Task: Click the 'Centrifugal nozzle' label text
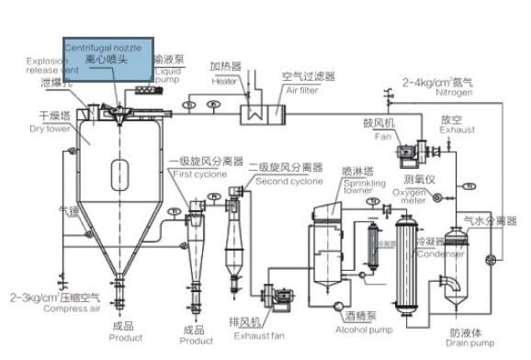(102, 46)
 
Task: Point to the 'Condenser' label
(434, 255)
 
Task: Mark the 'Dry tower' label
(55, 129)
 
